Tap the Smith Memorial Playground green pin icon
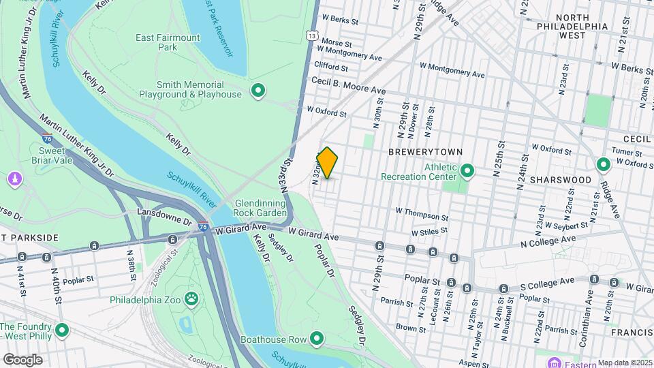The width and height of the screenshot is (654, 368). pos(258,90)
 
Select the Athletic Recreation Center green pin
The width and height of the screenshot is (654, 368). pos(468,170)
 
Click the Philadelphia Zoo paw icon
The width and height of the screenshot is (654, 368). pos(193,298)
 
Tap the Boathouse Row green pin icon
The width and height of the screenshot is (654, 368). pos(317,337)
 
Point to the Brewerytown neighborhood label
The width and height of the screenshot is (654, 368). pos(426,152)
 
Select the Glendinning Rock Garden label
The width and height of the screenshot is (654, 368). pos(262,208)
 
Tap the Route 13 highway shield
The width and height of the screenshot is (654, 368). pos(311,35)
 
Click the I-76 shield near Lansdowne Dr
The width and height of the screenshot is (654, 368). pos(203,226)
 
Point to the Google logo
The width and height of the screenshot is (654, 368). pos(22,359)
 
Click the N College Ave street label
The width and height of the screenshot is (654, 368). pos(548,241)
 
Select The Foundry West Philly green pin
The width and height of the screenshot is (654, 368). pos(62,331)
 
